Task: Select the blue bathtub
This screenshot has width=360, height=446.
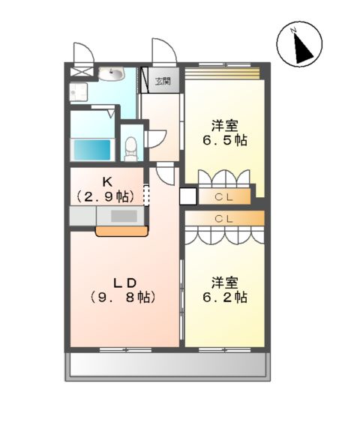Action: (x=91, y=148)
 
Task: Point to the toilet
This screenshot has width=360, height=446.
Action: (x=132, y=147)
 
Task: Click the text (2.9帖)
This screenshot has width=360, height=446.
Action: (x=106, y=196)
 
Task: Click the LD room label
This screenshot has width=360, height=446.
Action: (x=124, y=283)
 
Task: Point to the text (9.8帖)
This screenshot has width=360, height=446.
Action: (x=124, y=298)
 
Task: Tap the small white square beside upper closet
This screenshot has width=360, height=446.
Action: (x=187, y=196)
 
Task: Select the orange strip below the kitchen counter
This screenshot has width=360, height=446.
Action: (x=120, y=232)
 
